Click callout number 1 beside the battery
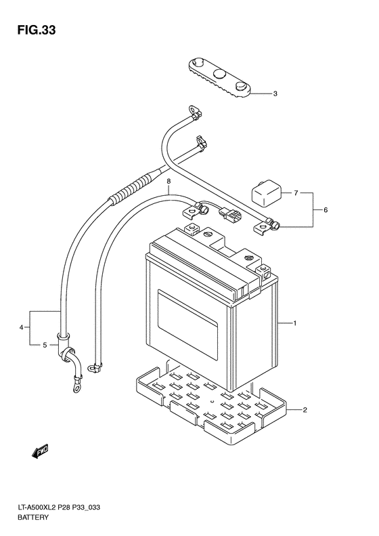(294, 323)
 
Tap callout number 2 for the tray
(305, 410)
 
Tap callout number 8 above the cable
(168, 182)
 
